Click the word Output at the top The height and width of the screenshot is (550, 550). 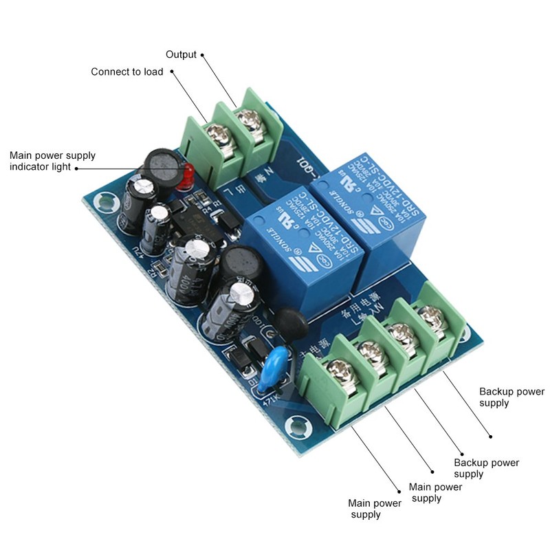pyautogui.click(x=181, y=54)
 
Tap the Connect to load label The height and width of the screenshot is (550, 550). pyautogui.click(x=127, y=71)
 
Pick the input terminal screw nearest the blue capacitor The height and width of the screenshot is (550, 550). pyautogui.click(x=332, y=373)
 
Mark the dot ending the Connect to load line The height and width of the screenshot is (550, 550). pyautogui.click(x=170, y=71)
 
